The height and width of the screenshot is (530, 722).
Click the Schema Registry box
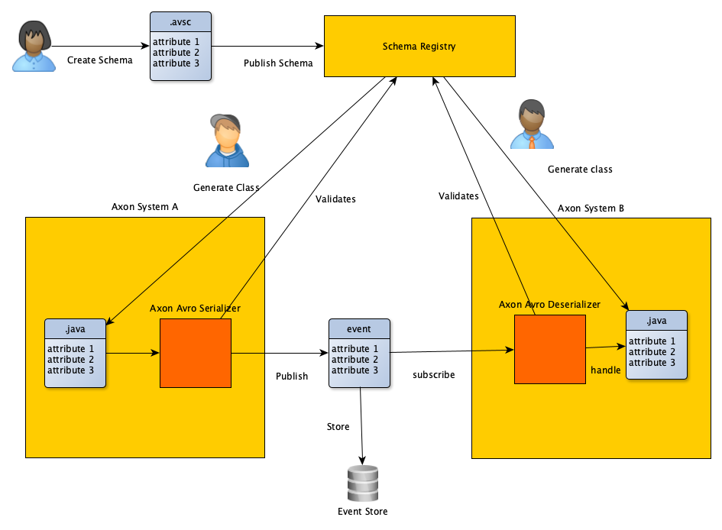pyautogui.click(x=419, y=47)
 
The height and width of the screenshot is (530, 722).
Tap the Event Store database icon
pyautogui.click(x=362, y=483)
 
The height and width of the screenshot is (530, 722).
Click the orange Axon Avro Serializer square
pyautogui.click(x=195, y=353)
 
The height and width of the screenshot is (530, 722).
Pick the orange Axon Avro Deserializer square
pyautogui.click(x=549, y=349)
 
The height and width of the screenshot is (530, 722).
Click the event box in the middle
pyautogui.click(x=359, y=353)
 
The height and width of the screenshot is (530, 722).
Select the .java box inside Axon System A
pyautogui.click(x=74, y=354)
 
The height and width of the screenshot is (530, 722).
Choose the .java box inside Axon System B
pyautogui.click(x=656, y=345)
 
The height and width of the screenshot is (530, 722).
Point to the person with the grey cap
pyautogui.click(x=227, y=141)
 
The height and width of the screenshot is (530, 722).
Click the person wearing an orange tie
pyautogui.click(x=532, y=124)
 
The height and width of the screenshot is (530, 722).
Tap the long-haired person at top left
pyautogui.click(x=34, y=47)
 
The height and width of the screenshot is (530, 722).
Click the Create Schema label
pyautogui.click(x=99, y=60)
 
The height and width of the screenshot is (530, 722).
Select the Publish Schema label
pyautogui.click(x=278, y=63)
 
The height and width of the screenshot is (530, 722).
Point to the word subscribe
pyautogui.click(x=433, y=375)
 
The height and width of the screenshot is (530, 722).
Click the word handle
pyautogui.click(x=606, y=370)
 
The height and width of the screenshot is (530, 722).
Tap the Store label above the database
pyautogui.click(x=338, y=426)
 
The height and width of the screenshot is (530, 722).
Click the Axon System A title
pyautogui.click(x=144, y=206)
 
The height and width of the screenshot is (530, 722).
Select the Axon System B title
pyautogui.click(x=591, y=208)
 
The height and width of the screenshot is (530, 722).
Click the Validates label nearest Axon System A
pyautogui.click(x=335, y=199)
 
